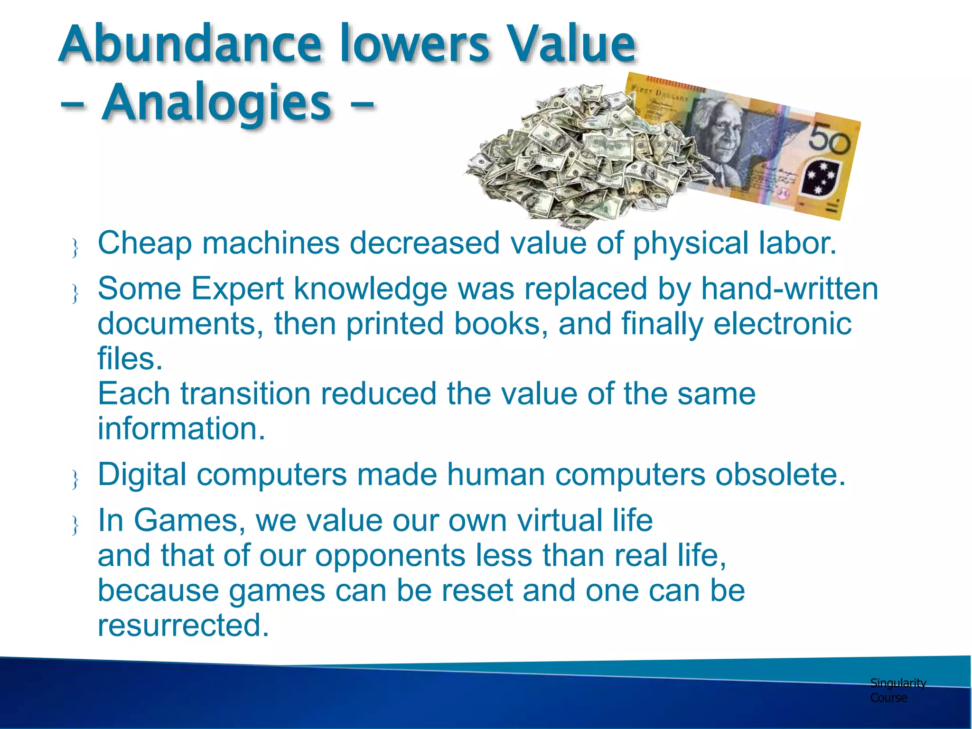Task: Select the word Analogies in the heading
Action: pyautogui.click(x=216, y=103)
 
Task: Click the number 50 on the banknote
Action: pyautogui.click(x=829, y=139)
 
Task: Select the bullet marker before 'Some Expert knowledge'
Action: pyautogui.click(x=75, y=293)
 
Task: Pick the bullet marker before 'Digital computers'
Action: pyautogui.click(x=75, y=479)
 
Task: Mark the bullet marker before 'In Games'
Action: pyautogui.click(x=75, y=525)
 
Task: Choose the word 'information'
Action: pyautogui.click(x=181, y=428)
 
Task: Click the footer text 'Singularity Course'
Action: pyautogui.click(x=897, y=690)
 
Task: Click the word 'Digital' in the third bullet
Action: pyautogui.click(x=142, y=474)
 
